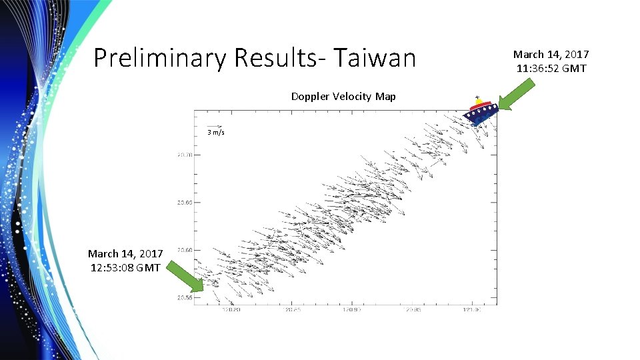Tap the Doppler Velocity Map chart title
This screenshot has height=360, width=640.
tap(343, 97)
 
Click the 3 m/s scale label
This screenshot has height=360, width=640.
tap(215, 133)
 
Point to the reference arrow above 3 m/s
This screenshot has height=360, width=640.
tap(215, 126)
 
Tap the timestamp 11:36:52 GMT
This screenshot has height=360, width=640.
tap(551, 68)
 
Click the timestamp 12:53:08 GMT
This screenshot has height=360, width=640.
tap(125, 267)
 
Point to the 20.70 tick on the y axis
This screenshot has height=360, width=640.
tap(184, 155)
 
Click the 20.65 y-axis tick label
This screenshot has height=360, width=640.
tap(184, 203)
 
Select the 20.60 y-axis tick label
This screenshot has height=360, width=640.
tap(184, 250)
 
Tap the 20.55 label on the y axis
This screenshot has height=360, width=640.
tap(184, 298)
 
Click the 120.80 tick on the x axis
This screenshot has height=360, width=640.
tap(231, 310)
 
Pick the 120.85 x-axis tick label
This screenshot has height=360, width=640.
tap(291, 310)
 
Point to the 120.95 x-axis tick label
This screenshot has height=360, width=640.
tap(413, 310)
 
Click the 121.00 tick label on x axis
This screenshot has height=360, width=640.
tap(472, 310)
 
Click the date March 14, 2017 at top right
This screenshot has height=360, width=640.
tap(551, 55)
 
